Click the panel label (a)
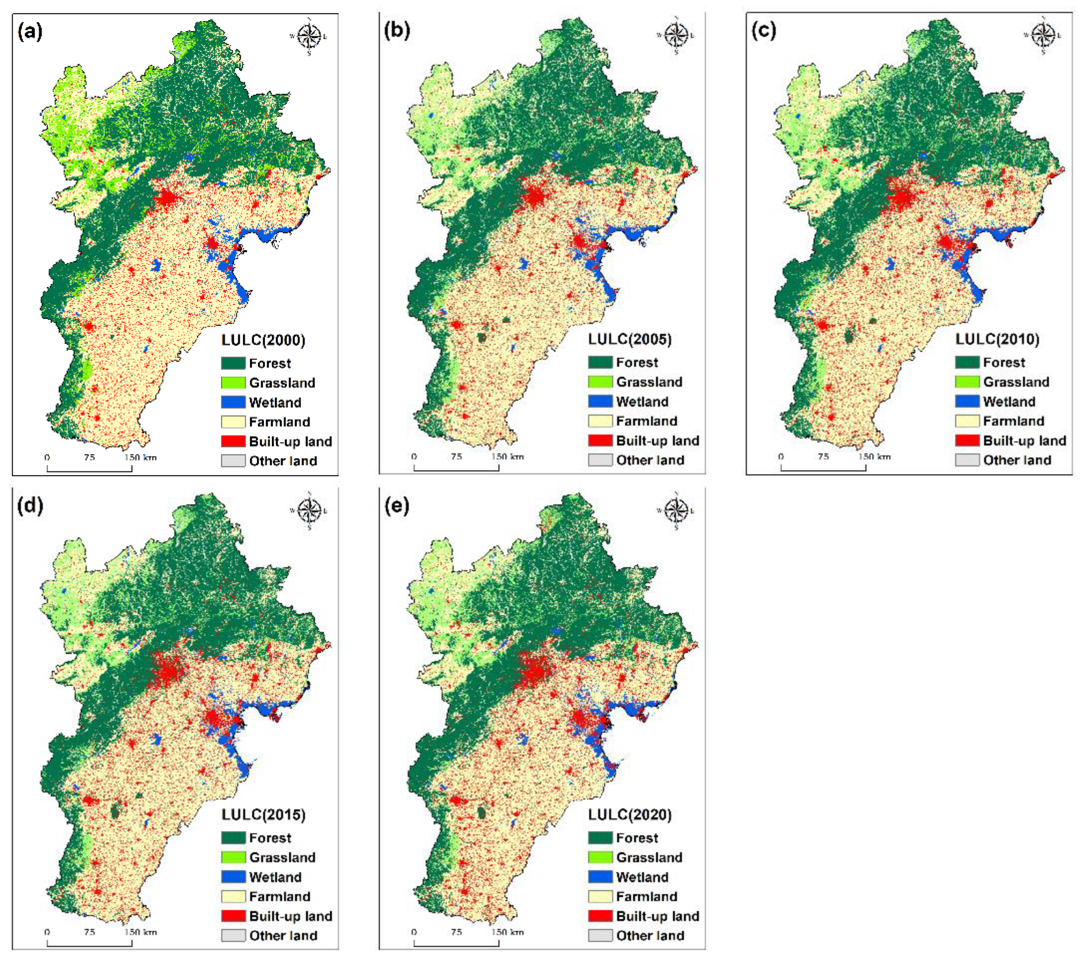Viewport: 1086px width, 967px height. pyautogui.click(x=30, y=32)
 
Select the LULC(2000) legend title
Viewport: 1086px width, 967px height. pyautogui.click(x=263, y=340)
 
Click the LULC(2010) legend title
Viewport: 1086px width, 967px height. pyautogui.click(x=997, y=339)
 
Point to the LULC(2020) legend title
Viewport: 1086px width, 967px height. pyautogui.click(x=630, y=815)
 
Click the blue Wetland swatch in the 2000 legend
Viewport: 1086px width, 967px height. pyautogui.click(x=233, y=402)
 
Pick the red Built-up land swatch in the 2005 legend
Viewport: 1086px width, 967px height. pyautogui.click(x=600, y=440)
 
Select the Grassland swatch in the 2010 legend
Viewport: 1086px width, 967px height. pyautogui.click(x=967, y=381)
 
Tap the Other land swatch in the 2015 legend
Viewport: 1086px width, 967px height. pyautogui.click(x=233, y=936)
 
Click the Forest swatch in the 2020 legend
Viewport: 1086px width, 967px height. pyautogui.click(x=600, y=838)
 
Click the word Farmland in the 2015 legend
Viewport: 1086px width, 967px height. pyautogui.click(x=280, y=896)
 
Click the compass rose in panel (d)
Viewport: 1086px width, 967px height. pyautogui.click(x=309, y=510)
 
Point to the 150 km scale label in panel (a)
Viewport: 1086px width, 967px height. pyautogui.click(x=140, y=457)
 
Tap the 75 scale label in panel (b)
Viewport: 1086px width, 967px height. pyautogui.click(x=456, y=457)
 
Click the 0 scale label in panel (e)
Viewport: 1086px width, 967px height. pyautogui.click(x=414, y=932)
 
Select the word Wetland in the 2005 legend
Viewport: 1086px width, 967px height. pyautogui.click(x=642, y=402)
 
